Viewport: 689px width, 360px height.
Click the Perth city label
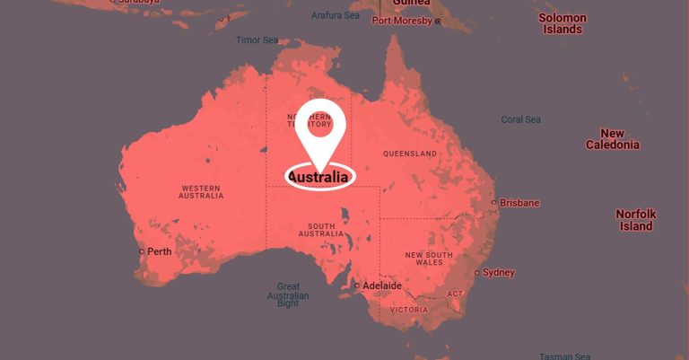pyautogui.click(x=159, y=251)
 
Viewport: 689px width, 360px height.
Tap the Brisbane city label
pyautogui.click(x=519, y=203)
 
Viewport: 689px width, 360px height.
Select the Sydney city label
pyautogui.click(x=499, y=272)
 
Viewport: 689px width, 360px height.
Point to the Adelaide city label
pyautogui.click(x=381, y=285)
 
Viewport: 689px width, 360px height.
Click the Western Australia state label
pyautogui.click(x=202, y=192)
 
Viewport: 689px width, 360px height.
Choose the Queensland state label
pyautogui.click(x=410, y=154)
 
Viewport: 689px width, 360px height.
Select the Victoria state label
pyautogui.click(x=409, y=310)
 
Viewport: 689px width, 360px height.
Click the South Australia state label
pyautogui.click(x=322, y=230)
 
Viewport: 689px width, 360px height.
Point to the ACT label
pyautogui.click(x=455, y=294)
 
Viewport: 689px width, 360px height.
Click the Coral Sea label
pyautogui.click(x=520, y=119)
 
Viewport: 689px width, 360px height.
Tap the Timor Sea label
pyautogui.click(x=257, y=40)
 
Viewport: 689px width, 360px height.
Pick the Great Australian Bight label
pyautogui.click(x=288, y=295)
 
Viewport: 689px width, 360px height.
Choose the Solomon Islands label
pyautogui.click(x=563, y=23)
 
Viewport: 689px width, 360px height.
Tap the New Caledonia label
pyautogui.click(x=613, y=138)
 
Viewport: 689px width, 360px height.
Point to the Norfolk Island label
pyautogui.click(x=635, y=220)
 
